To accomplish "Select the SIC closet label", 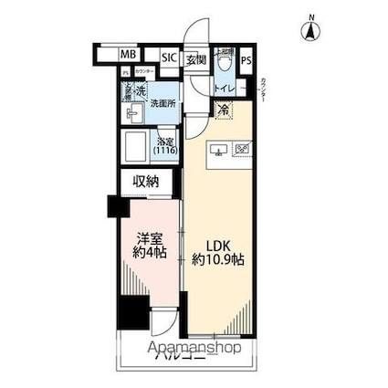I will (x=169, y=57).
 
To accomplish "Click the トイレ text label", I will (x=224, y=89).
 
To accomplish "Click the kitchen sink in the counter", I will (x=218, y=149).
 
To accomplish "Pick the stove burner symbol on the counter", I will (x=243, y=149).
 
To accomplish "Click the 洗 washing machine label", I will (x=141, y=91).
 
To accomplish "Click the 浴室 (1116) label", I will (x=165, y=147).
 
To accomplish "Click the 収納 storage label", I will (x=146, y=182).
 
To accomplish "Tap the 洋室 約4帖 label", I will (x=145, y=246).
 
